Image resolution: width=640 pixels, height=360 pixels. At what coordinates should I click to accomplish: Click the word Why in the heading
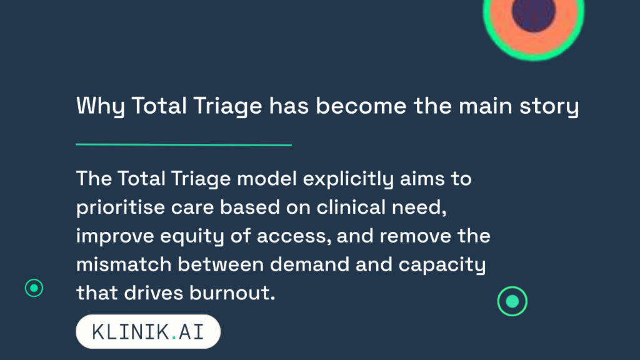(x=100, y=106)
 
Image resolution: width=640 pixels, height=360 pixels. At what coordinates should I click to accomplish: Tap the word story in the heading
(x=549, y=106)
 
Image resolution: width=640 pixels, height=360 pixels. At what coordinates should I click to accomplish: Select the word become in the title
(x=361, y=106)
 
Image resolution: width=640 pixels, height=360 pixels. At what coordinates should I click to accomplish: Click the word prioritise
(x=121, y=207)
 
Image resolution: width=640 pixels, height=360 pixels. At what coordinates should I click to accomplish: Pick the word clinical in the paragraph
(x=351, y=207)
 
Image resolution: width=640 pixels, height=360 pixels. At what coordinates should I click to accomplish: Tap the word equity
(x=192, y=236)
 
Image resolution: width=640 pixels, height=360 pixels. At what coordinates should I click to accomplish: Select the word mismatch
(x=124, y=264)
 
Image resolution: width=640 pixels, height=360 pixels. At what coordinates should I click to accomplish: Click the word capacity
(x=442, y=265)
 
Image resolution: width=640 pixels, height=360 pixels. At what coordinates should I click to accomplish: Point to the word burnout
(x=232, y=293)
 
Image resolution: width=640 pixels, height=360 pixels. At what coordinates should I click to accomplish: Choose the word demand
(x=309, y=264)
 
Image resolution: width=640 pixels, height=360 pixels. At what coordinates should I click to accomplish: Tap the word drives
(x=154, y=293)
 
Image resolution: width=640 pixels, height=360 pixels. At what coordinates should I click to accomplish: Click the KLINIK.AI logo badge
(x=148, y=331)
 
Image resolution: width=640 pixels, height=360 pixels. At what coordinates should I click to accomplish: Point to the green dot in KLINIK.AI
(x=174, y=337)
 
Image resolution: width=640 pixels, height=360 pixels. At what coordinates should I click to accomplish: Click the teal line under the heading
(x=184, y=144)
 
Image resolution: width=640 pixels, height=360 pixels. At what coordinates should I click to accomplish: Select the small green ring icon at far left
(x=34, y=279)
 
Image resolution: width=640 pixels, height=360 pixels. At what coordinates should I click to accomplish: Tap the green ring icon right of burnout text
(x=512, y=287)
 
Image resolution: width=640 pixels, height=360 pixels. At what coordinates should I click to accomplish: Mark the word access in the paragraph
(x=294, y=236)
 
